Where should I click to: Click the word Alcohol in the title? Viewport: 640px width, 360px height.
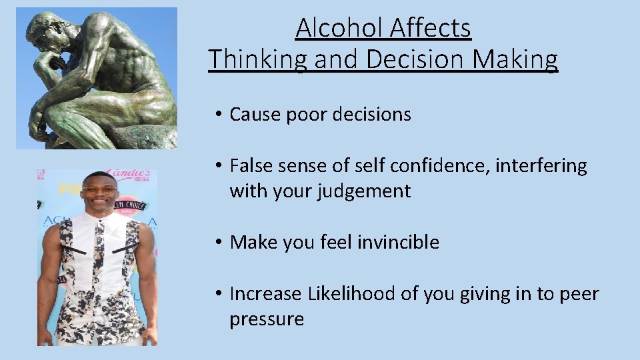(339, 29)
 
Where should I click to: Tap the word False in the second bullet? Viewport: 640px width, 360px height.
(251, 166)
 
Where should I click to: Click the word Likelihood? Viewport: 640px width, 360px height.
(351, 294)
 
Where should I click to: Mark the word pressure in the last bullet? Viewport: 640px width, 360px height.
(266, 320)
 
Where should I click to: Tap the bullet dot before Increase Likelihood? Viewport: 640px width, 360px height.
(218, 295)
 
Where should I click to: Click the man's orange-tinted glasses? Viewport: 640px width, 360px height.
(100, 190)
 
